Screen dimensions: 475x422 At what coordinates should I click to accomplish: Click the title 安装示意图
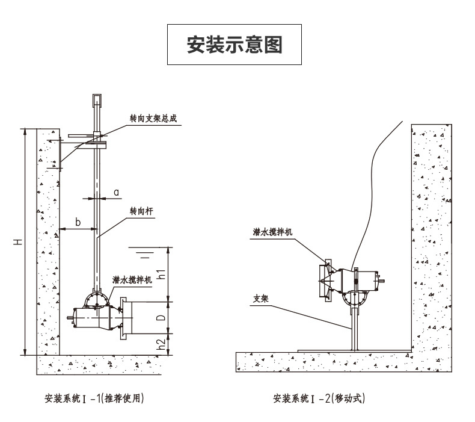pos(234,45)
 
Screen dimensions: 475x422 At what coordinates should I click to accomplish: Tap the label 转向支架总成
pos(153,118)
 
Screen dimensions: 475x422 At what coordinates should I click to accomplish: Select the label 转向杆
pos(141,211)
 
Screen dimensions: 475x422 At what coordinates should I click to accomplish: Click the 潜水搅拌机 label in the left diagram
pos(132,280)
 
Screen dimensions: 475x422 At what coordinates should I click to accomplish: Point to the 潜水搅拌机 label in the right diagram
pos(272,232)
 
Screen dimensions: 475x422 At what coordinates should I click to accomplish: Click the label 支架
pos(261,299)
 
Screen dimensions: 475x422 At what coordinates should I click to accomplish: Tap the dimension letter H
pos(18,242)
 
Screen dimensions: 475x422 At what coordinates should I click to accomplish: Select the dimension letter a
pos(117,193)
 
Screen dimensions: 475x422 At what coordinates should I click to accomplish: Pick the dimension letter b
pos(78,222)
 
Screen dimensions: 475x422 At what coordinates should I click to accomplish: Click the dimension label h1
pos(162,274)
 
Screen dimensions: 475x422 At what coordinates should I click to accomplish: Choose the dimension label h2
pos(162,344)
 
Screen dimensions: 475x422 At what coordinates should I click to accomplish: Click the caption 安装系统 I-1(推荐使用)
pos(94,398)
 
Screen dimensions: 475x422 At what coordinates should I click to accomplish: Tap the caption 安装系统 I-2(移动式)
pos(319,398)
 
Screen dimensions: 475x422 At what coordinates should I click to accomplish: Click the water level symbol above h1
pos(146,252)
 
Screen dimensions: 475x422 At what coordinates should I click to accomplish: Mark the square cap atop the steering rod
pos(97,100)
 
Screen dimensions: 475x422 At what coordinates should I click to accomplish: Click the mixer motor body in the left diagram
pos(93,318)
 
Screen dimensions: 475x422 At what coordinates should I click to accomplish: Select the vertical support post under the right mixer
pos(355,329)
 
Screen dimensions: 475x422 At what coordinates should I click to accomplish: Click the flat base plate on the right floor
pos(354,351)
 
